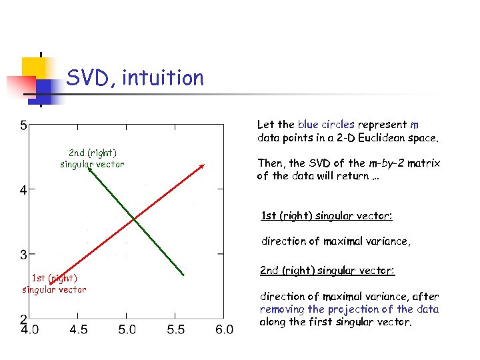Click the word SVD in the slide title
point(88,79)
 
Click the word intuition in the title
point(164,79)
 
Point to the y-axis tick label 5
point(23,125)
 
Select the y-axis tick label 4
point(23,191)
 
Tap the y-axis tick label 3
point(23,255)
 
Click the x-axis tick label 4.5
point(78,329)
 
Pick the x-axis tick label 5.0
point(127,329)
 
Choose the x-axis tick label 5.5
point(175,329)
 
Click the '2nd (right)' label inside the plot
point(93,153)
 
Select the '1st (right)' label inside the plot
point(55,278)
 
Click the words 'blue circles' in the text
point(326,125)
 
